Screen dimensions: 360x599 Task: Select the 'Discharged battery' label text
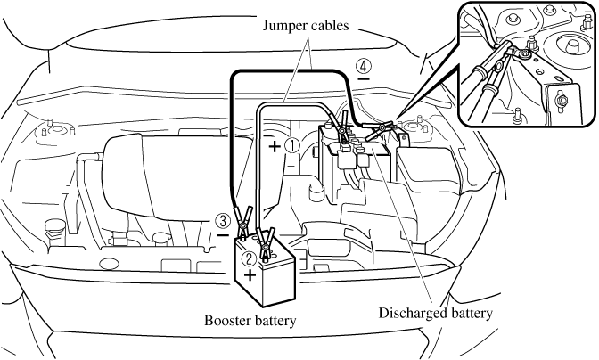click(435, 313)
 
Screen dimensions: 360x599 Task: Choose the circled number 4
click(363, 64)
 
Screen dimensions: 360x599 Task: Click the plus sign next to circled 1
click(273, 144)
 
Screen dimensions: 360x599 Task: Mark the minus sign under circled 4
click(364, 79)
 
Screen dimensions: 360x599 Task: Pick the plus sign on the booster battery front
click(250, 276)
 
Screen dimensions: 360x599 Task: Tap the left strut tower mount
click(49, 135)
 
